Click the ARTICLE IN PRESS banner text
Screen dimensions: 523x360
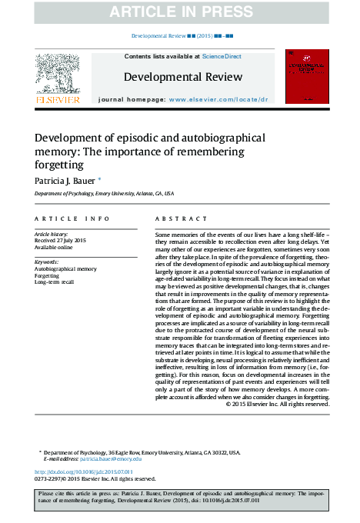tap(180, 12)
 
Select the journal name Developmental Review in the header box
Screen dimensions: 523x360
tap(183, 77)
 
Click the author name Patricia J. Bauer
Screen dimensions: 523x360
tap(63, 180)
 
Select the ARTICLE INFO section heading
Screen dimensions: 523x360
tap(66, 219)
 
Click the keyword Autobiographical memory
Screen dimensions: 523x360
tap(66, 269)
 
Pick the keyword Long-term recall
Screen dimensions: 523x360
tap(55, 283)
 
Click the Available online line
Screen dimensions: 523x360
tap(54, 248)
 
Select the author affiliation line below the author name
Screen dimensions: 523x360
tap(104, 195)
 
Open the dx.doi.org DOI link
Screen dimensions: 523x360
tap(84, 471)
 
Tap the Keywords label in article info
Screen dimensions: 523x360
tap(47, 262)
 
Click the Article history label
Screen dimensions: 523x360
tap(52, 234)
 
